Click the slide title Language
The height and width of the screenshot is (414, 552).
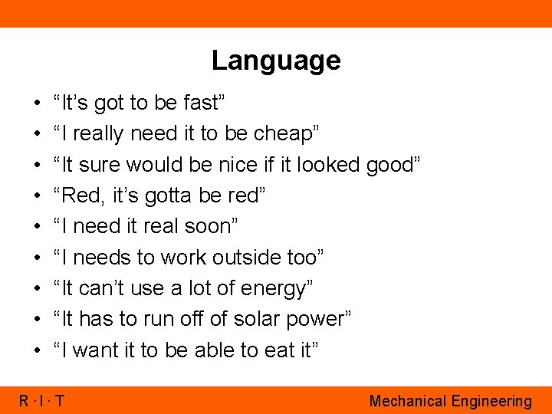click(276, 60)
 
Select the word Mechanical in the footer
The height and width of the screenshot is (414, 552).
click(407, 401)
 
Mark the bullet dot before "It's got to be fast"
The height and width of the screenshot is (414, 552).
click(38, 103)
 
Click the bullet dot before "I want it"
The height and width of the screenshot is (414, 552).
click(38, 351)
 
